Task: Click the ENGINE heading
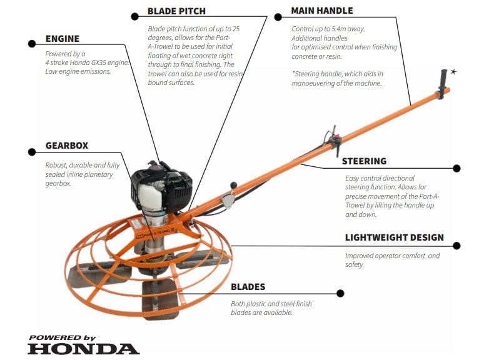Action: (x=63, y=39)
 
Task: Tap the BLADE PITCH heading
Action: (x=176, y=11)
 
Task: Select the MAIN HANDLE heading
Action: (x=322, y=11)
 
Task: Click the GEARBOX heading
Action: (x=67, y=146)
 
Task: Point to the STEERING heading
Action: (x=364, y=161)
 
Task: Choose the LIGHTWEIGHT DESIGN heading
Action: (x=395, y=237)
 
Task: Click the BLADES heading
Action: (x=248, y=287)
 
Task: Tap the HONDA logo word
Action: (x=83, y=349)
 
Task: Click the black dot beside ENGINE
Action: (x=31, y=43)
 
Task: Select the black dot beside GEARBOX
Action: (x=31, y=151)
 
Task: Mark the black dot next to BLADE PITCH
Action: (x=134, y=16)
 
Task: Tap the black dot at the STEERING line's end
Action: (x=456, y=168)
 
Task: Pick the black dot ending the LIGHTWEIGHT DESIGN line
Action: (x=456, y=245)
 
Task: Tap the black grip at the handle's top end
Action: (x=445, y=83)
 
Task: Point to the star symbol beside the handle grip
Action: (x=453, y=72)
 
